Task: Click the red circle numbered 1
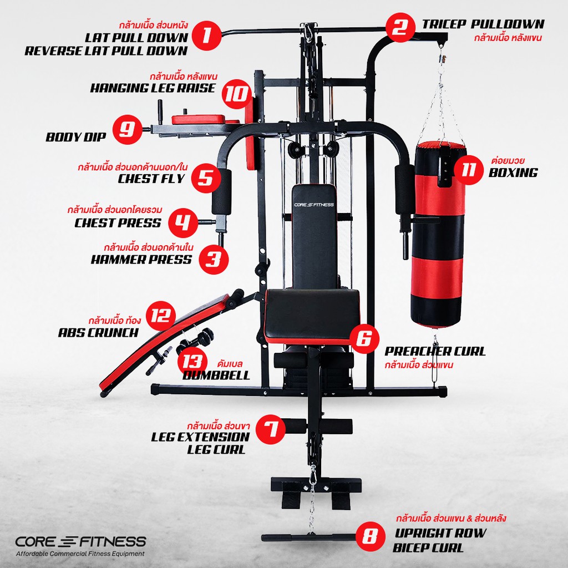pyautogui.click(x=206, y=35)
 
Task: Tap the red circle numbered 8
pyautogui.click(x=370, y=536)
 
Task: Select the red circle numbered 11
pyautogui.click(x=469, y=170)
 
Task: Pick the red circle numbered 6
pyautogui.click(x=364, y=338)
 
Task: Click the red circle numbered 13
pyautogui.click(x=192, y=362)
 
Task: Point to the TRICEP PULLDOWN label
pyautogui.click(x=483, y=24)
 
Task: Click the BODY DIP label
pyautogui.click(x=75, y=137)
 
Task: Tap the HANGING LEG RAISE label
pyautogui.click(x=153, y=88)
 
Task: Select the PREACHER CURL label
pyautogui.click(x=435, y=351)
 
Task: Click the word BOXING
pyautogui.click(x=513, y=173)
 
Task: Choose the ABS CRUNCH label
pyautogui.click(x=98, y=333)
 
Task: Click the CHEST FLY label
pyautogui.click(x=151, y=179)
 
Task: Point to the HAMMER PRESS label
pyautogui.click(x=141, y=260)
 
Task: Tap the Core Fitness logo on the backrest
pyautogui.click(x=314, y=205)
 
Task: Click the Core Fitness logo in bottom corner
pyautogui.click(x=80, y=541)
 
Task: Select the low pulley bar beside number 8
pyautogui.click(x=309, y=537)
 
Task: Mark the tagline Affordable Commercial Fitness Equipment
pyautogui.click(x=80, y=554)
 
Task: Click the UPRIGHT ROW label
pyautogui.click(x=440, y=533)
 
